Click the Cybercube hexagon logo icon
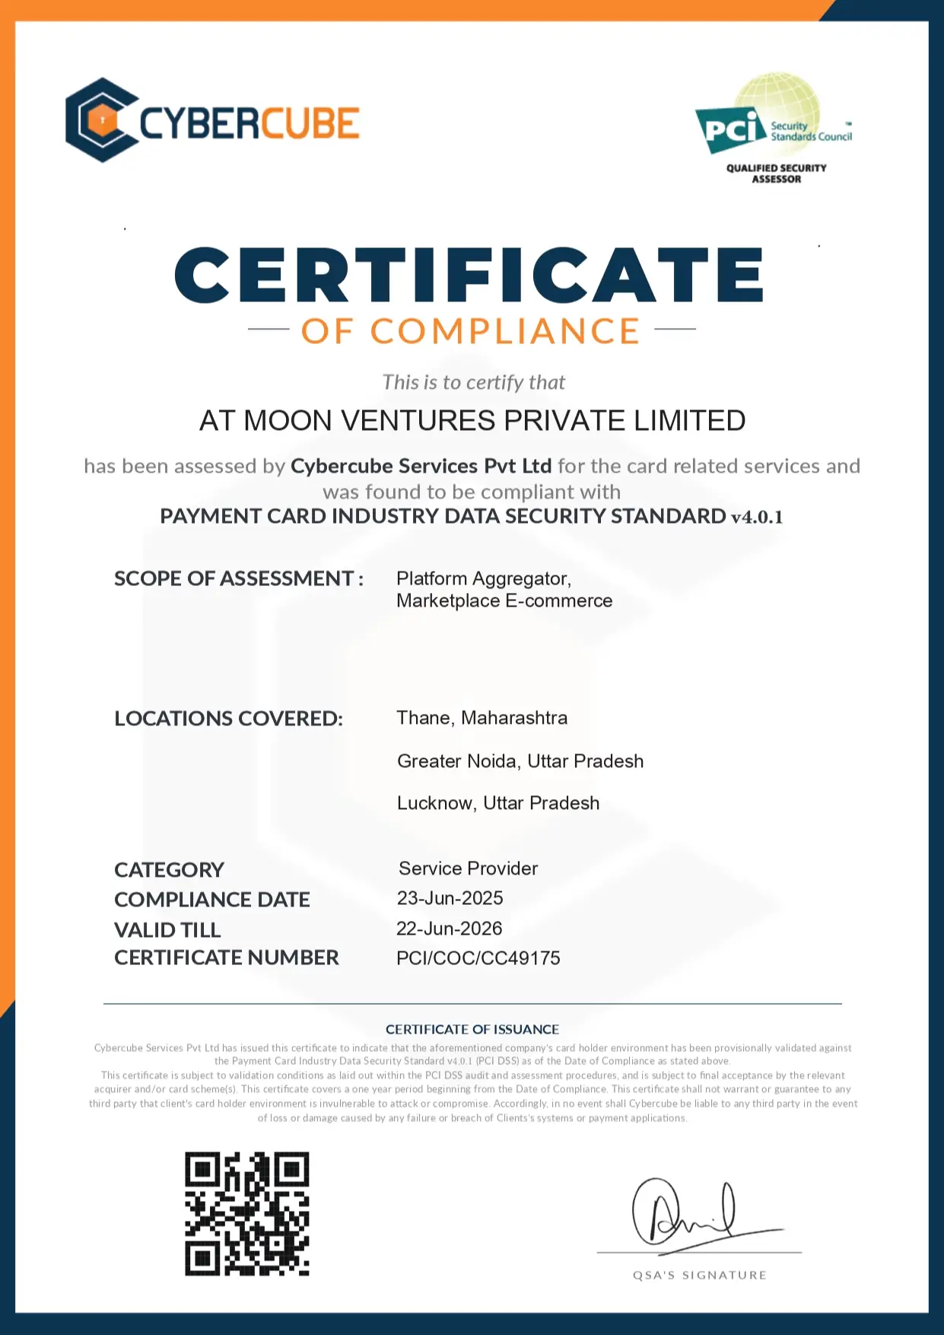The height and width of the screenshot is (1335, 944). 102,120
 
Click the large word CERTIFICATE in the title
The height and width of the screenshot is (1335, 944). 469,275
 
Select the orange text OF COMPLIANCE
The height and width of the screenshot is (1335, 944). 471,331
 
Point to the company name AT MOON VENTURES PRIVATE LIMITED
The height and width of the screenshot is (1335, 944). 472,421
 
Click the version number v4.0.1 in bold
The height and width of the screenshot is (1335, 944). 757,517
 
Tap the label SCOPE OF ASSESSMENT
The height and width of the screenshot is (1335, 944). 238,578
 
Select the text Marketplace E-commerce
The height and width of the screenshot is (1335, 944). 504,601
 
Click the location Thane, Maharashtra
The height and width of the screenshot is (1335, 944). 482,718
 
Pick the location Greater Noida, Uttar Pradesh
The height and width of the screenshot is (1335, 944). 520,761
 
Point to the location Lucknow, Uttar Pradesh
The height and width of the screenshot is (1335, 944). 498,803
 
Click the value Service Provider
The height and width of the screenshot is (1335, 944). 468,868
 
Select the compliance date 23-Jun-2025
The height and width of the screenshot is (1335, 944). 450,898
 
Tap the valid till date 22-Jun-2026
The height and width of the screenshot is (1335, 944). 449,929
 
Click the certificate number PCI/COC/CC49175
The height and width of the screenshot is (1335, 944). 478,958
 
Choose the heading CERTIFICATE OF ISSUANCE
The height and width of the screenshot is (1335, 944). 472,1029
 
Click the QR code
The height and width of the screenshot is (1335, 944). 247,1213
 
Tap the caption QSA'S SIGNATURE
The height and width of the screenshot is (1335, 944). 699,1275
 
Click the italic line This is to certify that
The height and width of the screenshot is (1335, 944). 473,382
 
